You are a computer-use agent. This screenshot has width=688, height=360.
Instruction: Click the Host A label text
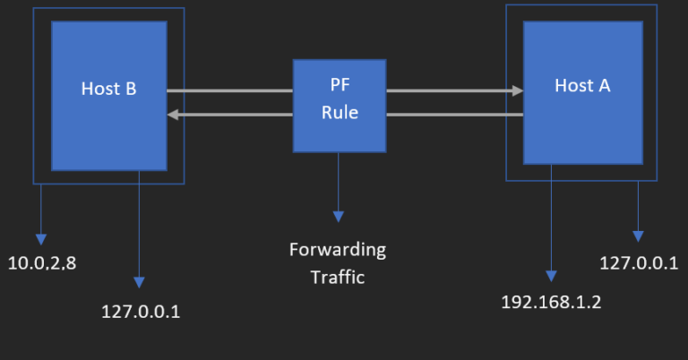pos(582,86)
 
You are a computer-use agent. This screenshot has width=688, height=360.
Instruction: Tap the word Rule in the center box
pos(340,112)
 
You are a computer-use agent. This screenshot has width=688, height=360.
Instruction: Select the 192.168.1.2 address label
pos(551,301)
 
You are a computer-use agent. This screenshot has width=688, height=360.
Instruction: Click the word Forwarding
pos(338,248)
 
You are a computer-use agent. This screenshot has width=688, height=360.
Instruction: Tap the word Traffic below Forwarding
pos(338,277)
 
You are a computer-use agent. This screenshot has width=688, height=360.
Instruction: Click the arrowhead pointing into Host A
pos(517,90)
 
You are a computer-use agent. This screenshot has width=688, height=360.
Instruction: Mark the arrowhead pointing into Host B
pos(174,114)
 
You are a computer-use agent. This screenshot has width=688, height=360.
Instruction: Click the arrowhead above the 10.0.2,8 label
pos(40,239)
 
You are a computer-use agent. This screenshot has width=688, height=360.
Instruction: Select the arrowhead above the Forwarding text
pos(339,216)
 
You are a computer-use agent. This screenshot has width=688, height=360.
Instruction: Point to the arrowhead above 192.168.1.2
pos(550,275)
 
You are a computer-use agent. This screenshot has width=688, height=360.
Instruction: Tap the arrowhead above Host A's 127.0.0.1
pos(638,236)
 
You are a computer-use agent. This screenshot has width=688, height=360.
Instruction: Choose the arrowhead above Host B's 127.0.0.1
pos(139,282)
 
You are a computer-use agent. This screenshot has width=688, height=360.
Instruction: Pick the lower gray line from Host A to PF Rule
pos(454,114)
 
